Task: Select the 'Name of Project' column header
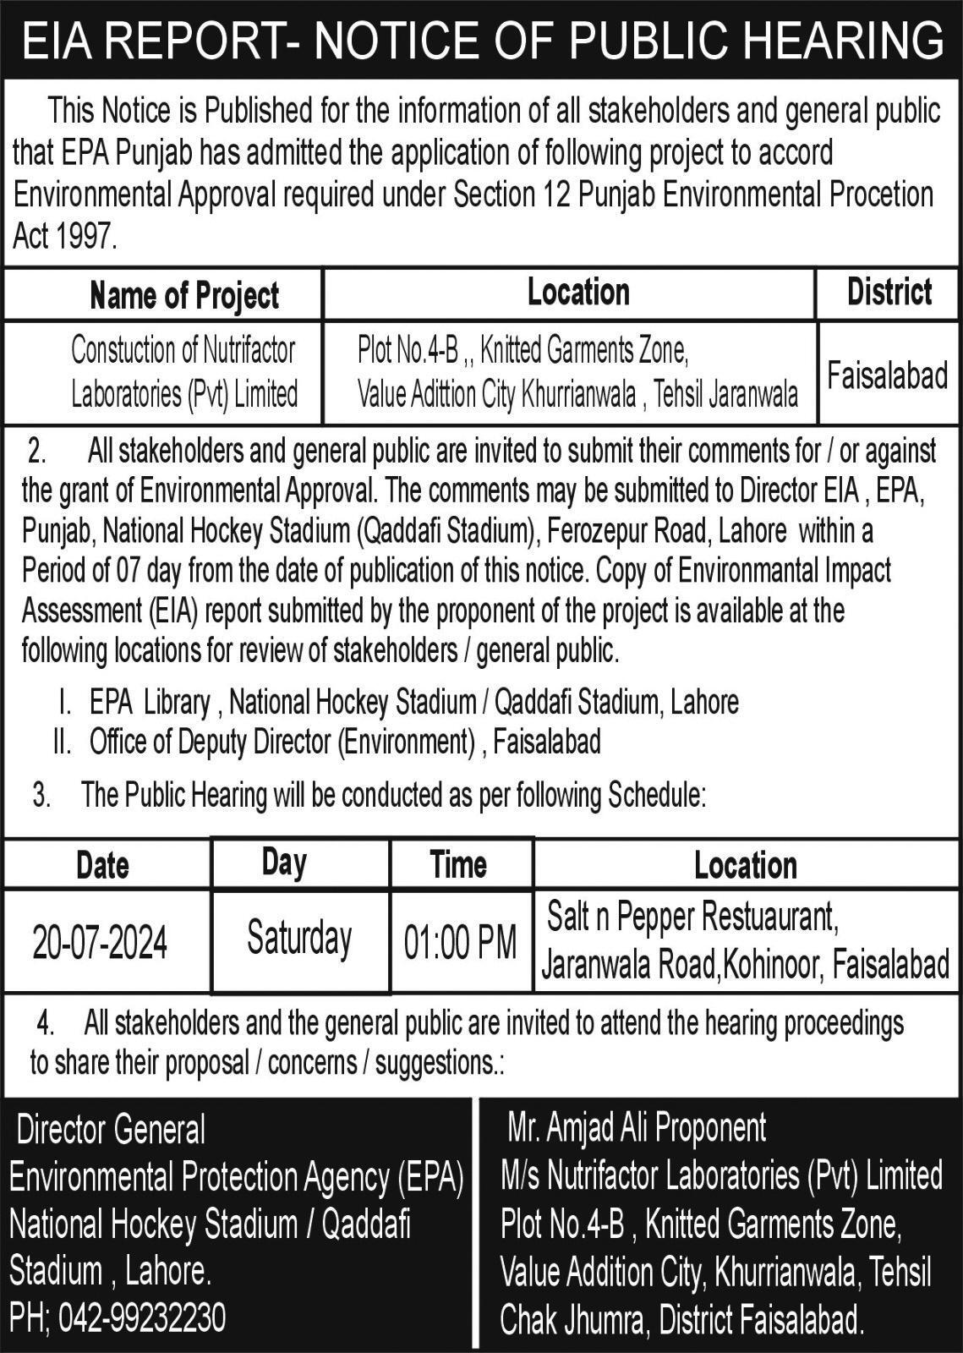(x=184, y=295)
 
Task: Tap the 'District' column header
(x=889, y=292)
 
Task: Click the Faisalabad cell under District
(x=887, y=375)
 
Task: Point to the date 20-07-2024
(x=100, y=942)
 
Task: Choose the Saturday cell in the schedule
(x=299, y=938)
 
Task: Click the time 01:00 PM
(x=460, y=942)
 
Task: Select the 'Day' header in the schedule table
(x=284, y=863)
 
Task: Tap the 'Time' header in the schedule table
(x=458, y=864)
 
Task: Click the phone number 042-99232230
(x=140, y=1318)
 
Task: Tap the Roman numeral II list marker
(x=61, y=742)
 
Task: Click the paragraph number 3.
(x=41, y=795)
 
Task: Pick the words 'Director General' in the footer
(x=111, y=1130)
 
